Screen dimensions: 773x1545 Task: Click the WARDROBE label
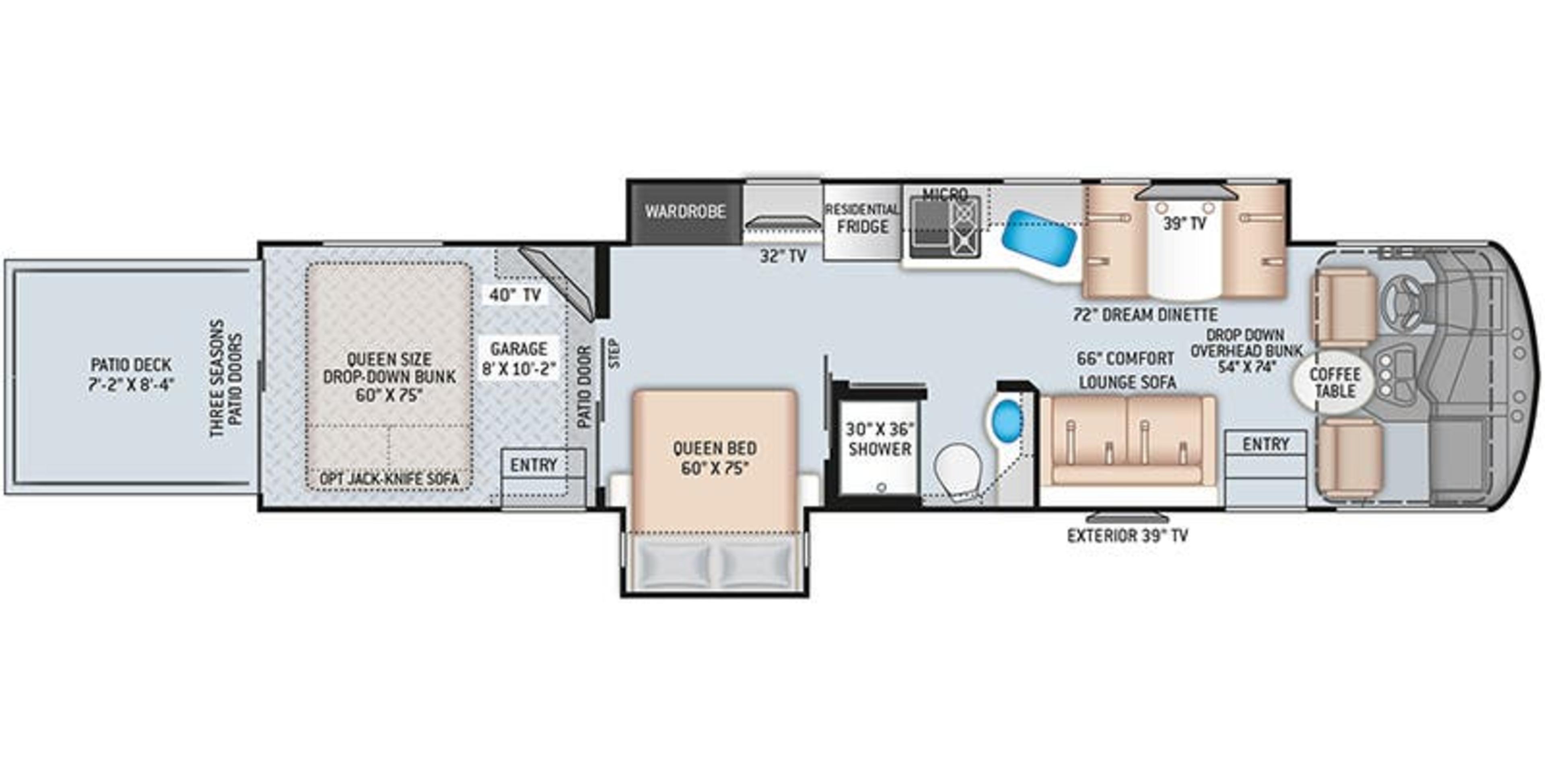[685, 212]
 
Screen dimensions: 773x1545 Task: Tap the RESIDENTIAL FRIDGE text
[863, 219]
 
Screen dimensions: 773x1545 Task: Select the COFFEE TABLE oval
[1335, 383]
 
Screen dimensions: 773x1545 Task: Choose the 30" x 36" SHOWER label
[879, 439]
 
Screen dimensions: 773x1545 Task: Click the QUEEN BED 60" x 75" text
[714, 457]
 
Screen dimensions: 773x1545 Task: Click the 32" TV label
[783, 257]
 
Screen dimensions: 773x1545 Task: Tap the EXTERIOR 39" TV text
[1127, 536]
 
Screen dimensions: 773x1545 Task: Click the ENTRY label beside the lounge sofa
[1265, 444]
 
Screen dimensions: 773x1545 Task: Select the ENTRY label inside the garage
[533, 465]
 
